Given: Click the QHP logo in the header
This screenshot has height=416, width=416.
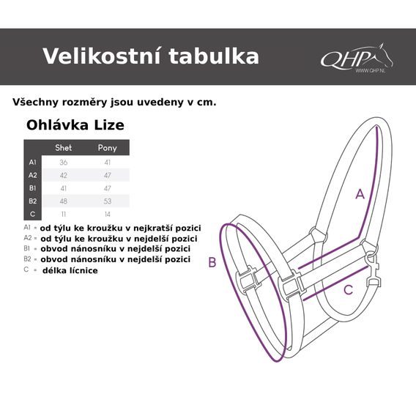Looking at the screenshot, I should [356, 57].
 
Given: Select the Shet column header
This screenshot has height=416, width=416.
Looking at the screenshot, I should [64, 148].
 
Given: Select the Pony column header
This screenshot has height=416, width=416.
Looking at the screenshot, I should [107, 148].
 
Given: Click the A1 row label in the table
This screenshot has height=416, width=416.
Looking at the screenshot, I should [32, 162].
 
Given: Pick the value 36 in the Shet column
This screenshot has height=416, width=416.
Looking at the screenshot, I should [64, 162].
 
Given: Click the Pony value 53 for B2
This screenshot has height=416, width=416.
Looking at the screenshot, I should [107, 201].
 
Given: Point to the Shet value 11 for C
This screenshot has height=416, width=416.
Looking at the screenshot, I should [64, 214].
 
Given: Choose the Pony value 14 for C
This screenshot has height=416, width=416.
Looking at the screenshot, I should [107, 214].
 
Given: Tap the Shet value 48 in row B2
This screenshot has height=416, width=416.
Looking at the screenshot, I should [64, 201].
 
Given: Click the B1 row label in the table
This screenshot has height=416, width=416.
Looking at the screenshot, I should [32, 188].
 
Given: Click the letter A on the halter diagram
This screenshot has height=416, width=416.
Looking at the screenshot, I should [360, 194].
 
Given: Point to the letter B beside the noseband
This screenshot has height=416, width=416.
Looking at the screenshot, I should [212, 263].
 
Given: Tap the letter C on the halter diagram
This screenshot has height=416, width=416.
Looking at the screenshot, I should [349, 289].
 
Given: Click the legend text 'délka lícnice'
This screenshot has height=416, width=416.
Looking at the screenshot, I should [70, 270].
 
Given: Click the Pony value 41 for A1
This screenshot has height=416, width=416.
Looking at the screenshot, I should [107, 162].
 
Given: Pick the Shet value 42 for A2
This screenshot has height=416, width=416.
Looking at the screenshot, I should [64, 175].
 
